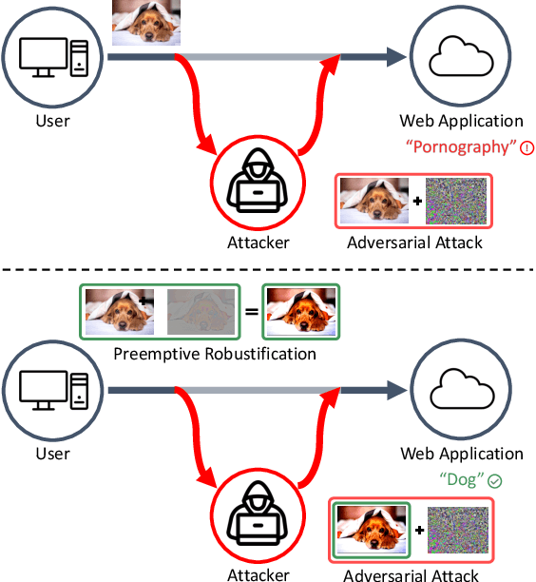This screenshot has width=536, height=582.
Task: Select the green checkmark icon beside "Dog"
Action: tap(495, 481)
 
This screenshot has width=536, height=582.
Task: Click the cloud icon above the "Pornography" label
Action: tap(460, 59)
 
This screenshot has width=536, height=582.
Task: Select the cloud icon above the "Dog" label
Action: tap(460, 392)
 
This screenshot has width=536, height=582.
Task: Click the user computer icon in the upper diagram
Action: tap(52, 59)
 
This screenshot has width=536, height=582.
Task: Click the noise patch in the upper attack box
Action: tap(455, 201)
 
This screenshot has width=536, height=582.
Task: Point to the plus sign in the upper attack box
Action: tap(415, 202)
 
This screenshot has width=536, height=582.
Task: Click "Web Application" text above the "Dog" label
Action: tap(461, 455)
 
